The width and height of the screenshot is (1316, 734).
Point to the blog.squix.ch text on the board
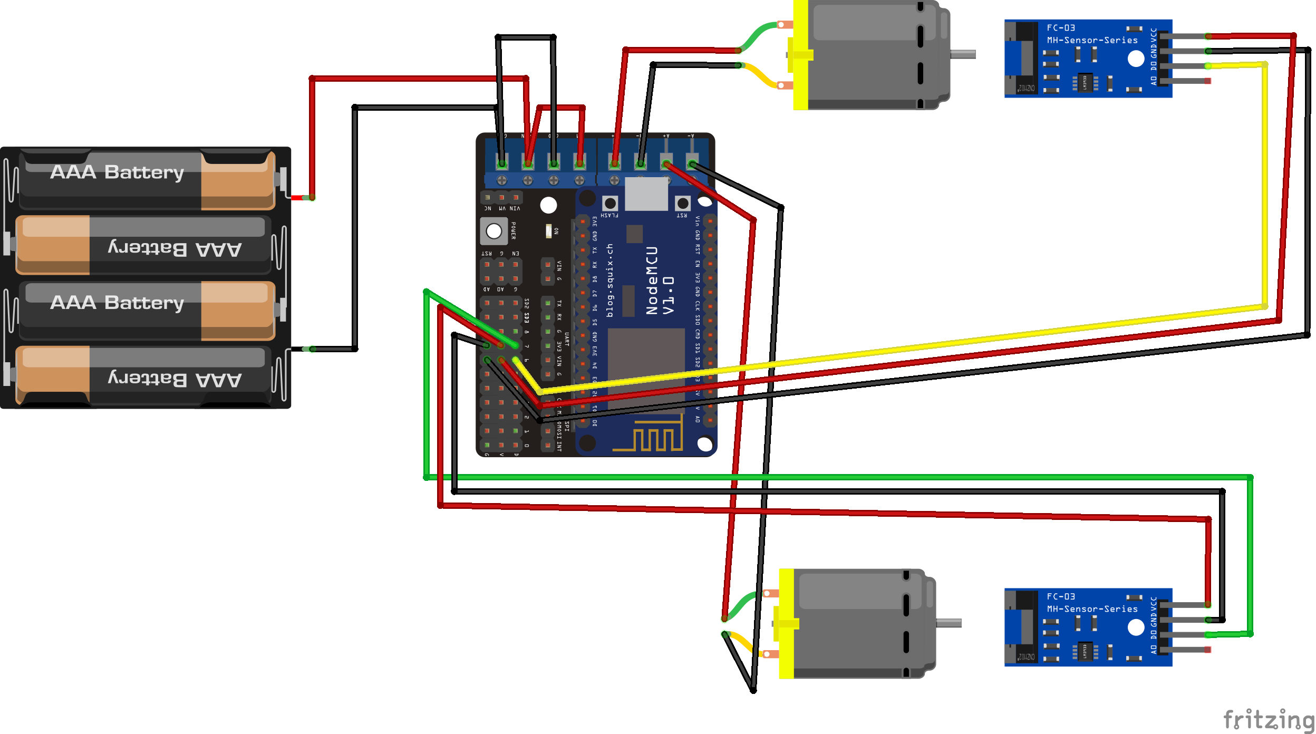(x=610, y=281)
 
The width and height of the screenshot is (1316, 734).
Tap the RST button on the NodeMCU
(x=683, y=203)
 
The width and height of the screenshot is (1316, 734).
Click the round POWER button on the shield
(x=494, y=231)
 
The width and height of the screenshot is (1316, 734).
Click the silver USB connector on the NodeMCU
(x=646, y=194)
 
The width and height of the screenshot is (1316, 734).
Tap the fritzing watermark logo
(x=1267, y=720)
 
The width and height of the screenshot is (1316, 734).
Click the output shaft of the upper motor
(x=963, y=54)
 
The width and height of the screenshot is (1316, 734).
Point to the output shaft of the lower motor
(x=949, y=623)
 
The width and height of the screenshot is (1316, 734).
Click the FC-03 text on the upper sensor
(x=1060, y=28)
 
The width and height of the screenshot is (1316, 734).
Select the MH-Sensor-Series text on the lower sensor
(x=1092, y=609)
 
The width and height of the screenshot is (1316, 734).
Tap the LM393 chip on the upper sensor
(x=1085, y=82)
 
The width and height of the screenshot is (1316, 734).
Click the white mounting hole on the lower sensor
(x=1136, y=627)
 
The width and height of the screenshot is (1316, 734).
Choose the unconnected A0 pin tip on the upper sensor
(x=1207, y=81)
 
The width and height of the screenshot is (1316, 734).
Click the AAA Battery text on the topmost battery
(x=117, y=172)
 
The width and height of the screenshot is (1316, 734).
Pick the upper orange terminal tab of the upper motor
(x=785, y=25)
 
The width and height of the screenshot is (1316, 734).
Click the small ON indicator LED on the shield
(x=548, y=231)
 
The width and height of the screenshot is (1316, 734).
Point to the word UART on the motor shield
(x=567, y=339)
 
